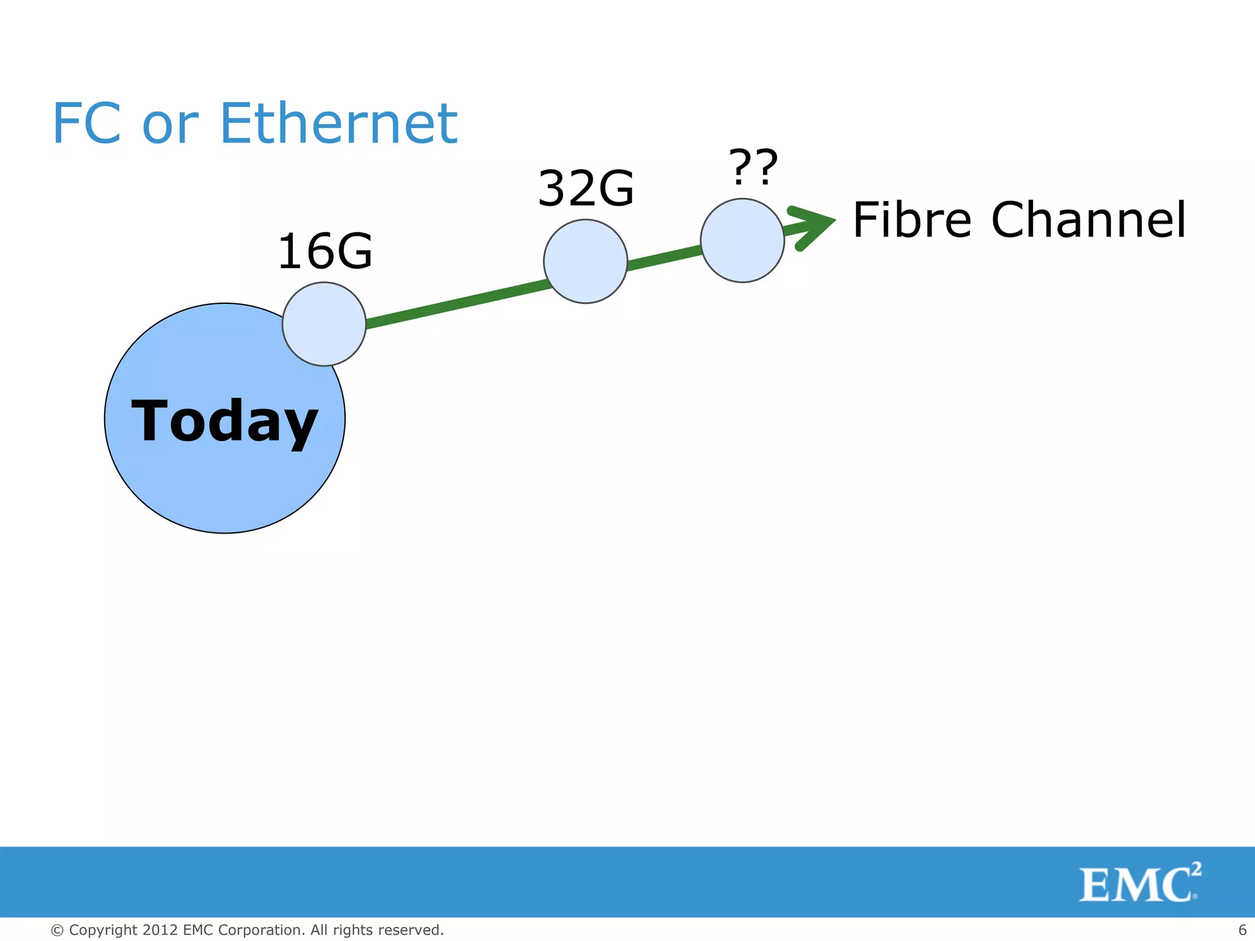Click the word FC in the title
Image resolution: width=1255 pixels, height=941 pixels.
click(86, 124)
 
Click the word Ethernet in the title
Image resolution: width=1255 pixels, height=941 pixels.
click(338, 124)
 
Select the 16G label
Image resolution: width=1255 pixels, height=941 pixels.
click(325, 251)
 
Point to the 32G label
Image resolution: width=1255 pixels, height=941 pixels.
click(586, 188)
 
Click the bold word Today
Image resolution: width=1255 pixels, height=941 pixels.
click(224, 421)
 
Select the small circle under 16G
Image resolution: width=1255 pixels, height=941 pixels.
click(324, 324)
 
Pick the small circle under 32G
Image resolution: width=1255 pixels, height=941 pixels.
click(585, 262)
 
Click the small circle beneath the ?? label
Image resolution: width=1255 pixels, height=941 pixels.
click(742, 240)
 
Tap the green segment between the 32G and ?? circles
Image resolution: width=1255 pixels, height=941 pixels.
click(664, 257)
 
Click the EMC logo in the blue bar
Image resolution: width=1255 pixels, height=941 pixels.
click(1139, 883)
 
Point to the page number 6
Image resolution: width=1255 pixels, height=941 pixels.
click(1242, 929)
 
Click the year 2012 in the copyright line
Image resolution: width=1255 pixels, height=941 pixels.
click(161, 930)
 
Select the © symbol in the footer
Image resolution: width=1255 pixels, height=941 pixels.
click(58, 931)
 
